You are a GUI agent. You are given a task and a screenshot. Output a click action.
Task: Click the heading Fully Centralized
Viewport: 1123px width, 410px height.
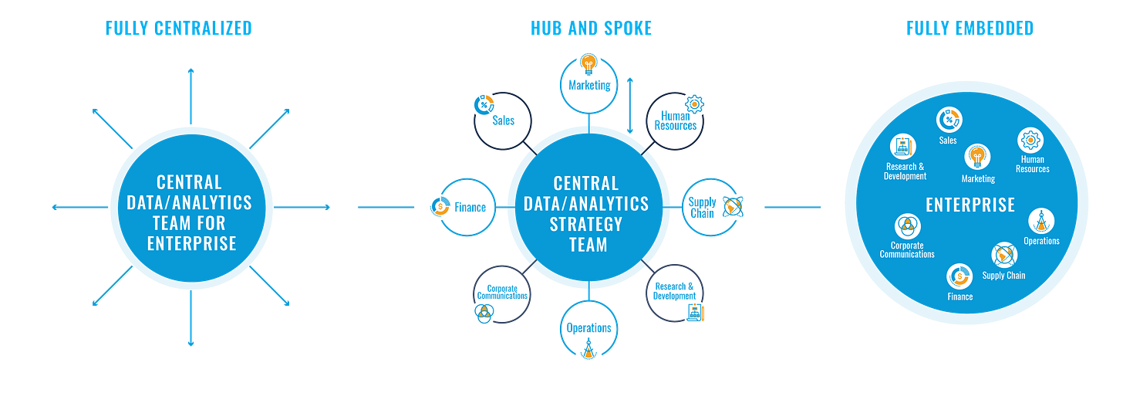click(x=178, y=29)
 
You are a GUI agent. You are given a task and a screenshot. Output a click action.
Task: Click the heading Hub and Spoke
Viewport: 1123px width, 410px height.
click(x=591, y=29)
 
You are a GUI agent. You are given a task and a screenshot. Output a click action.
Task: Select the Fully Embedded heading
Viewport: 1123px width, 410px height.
click(x=970, y=29)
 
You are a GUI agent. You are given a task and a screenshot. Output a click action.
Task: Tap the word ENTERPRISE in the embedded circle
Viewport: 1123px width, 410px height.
click(x=970, y=205)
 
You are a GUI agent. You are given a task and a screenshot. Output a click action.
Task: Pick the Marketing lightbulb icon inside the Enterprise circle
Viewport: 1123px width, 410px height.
click(x=977, y=157)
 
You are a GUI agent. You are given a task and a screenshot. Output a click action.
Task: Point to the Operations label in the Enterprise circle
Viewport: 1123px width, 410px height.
click(x=1041, y=241)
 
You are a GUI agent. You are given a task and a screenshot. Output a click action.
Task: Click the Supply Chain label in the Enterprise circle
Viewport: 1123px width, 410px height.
click(x=1003, y=275)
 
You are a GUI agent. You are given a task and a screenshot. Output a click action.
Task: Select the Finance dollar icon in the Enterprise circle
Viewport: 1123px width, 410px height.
click(x=959, y=276)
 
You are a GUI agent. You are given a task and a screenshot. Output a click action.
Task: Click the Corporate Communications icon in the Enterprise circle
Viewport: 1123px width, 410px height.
click(x=906, y=227)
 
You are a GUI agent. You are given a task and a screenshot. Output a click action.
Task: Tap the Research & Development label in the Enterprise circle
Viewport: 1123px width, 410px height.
click(x=905, y=171)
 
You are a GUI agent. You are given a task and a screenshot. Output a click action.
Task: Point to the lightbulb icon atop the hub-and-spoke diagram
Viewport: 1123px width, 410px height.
click(x=588, y=62)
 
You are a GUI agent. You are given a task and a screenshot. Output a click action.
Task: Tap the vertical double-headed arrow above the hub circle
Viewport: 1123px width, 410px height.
click(x=630, y=105)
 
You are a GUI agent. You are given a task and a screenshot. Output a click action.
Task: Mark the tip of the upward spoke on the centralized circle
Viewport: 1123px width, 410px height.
click(x=190, y=69)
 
